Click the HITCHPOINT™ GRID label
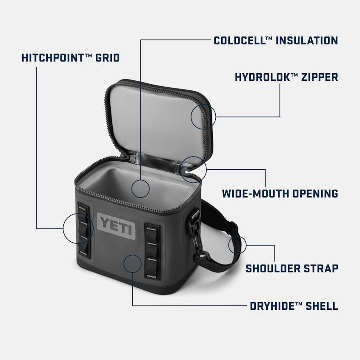point(71,57)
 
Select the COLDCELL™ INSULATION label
point(276,40)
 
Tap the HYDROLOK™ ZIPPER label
point(286,77)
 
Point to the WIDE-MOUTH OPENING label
point(280,194)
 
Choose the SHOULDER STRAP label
point(292,269)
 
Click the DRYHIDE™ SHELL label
point(294,306)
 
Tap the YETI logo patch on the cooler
point(116,226)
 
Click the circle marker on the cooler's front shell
point(133,264)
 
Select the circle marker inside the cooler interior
point(140,188)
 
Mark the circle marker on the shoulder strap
point(237,245)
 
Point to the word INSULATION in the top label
point(307,40)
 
